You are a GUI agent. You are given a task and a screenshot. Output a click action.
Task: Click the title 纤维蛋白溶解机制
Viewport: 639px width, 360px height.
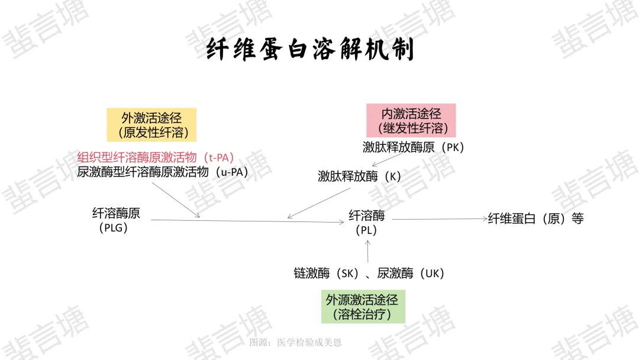(311, 50)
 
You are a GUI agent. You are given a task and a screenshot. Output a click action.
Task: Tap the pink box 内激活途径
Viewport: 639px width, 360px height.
(411, 121)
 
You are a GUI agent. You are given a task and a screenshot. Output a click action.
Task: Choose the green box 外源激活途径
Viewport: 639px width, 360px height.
(363, 307)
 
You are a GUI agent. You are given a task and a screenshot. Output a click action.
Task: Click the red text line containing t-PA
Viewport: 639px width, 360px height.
(156, 157)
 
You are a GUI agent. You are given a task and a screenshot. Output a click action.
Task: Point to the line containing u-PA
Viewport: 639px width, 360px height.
(162, 172)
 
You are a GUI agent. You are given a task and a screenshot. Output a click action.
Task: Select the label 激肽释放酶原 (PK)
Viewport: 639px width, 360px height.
(413, 147)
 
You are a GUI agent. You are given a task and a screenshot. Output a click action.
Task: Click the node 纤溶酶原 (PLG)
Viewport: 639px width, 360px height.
(116, 220)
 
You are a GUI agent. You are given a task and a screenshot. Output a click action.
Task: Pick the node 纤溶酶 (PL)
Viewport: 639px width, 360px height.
(367, 223)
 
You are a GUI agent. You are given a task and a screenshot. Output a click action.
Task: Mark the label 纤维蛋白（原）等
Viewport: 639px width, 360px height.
(535, 218)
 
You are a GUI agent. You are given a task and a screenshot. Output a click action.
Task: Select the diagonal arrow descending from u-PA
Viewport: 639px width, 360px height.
(175, 200)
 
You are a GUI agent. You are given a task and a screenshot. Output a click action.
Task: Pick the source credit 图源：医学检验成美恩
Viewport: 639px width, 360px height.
(295, 342)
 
